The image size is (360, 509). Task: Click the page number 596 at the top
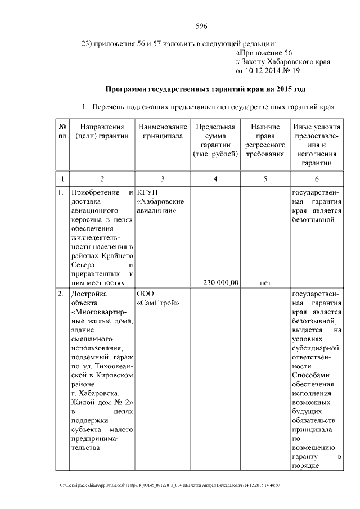pyautogui.click(x=202, y=26)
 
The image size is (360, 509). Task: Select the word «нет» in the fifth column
pyautogui.click(x=265, y=283)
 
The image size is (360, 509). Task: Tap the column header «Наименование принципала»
pyautogui.click(x=163, y=132)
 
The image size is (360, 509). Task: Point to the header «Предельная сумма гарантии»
pyautogui.click(x=215, y=141)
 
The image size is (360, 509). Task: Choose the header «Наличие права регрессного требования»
pyautogui.click(x=265, y=141)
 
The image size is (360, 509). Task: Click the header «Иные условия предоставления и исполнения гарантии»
pyautogui.click(x=315, y=145)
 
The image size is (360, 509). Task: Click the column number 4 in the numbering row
pyautogui.click(x=215, y=179)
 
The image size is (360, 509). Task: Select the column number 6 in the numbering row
pyautogui.click(x=315, y=179)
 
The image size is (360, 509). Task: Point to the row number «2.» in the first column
pyautogui.click(x=61, y=294)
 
